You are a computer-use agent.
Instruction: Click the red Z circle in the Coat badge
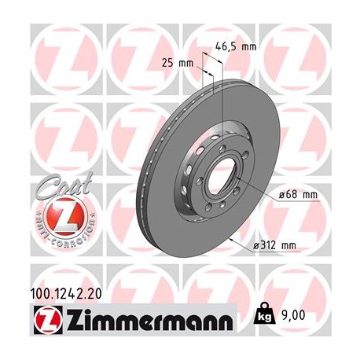(54, 215)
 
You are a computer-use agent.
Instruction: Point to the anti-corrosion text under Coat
(54, 233)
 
